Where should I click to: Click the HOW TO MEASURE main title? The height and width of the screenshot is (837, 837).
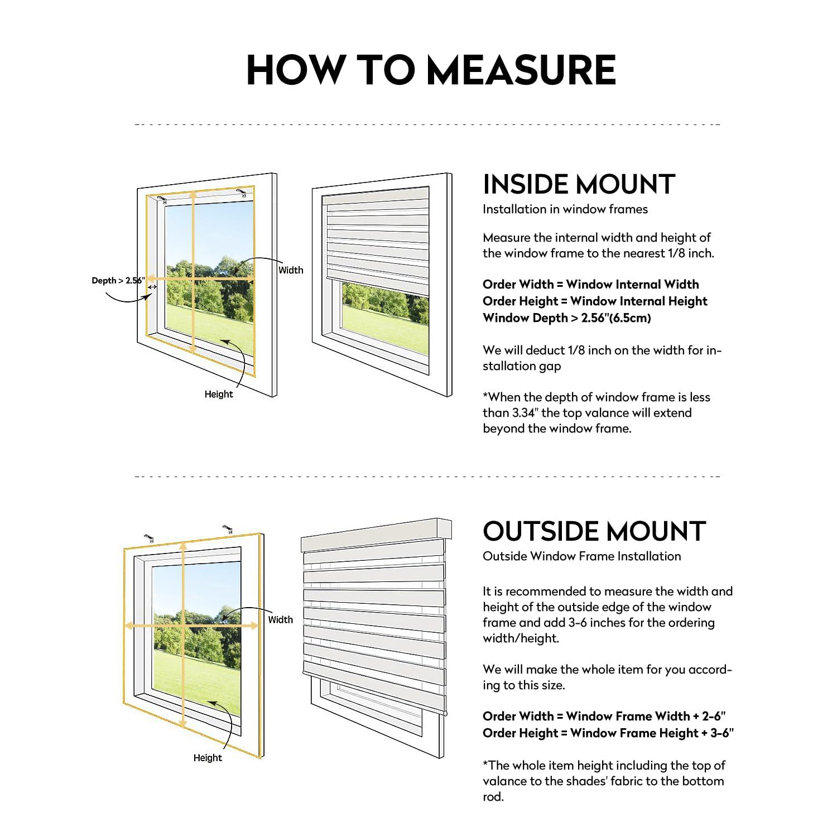(x=431, y=70)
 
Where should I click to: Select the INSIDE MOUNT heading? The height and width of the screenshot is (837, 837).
(x=579, y=184)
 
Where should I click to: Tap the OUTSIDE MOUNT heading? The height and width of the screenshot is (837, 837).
(x=594, y=531)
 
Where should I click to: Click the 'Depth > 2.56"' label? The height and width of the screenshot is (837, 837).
(x=118, y=281)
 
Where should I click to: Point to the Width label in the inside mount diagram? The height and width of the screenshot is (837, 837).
(x=291, y=270)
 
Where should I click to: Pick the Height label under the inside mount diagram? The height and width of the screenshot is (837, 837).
(x=218, y=394)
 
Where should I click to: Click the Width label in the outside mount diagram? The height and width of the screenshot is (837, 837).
(x=280, y=619)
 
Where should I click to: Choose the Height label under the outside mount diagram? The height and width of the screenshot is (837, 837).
(x=208, y=758)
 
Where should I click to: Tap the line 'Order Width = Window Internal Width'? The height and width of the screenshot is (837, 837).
(x=590, y=285)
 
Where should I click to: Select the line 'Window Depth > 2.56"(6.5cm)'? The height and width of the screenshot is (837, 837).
(x=566, y=318)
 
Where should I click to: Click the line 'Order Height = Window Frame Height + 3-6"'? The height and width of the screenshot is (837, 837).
(x=608, y=733)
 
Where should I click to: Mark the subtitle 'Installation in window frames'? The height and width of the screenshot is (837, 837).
(x=565, y=209)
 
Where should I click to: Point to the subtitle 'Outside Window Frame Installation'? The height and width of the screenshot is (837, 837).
(x=581, y=556)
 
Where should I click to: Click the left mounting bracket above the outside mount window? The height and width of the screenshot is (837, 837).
(x=149, y=538)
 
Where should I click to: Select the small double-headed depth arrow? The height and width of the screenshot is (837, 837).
(x=152, y=287)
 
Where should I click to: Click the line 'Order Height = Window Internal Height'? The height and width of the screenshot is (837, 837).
(x=595, y=301)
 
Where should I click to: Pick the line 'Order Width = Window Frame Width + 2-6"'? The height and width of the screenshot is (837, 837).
(x=604, y=716)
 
